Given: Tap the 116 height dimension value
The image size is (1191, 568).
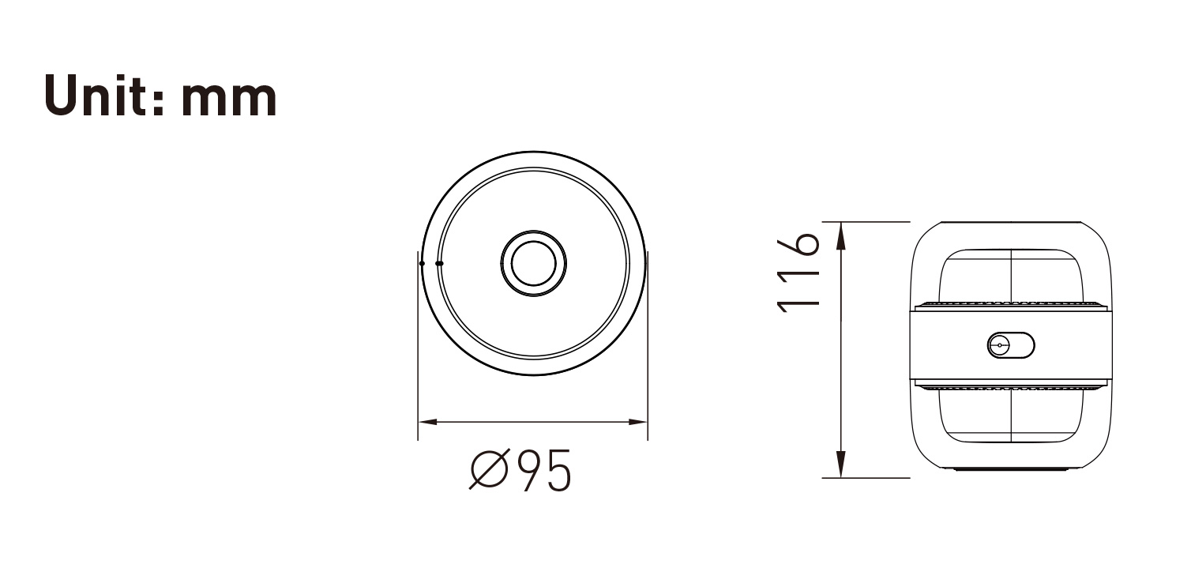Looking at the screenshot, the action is click(798, 272).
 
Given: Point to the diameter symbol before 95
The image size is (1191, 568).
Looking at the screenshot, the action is click(490, 468).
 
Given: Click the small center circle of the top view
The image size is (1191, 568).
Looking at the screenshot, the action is click(533, 263).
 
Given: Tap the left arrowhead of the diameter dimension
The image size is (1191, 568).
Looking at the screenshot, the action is click(427, 422).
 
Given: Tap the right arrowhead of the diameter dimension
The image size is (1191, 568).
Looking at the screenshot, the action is click(638, 422).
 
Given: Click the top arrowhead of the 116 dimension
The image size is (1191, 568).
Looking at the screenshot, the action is click(840, 236).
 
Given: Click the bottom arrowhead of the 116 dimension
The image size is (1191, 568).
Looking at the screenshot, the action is click(840, 464).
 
